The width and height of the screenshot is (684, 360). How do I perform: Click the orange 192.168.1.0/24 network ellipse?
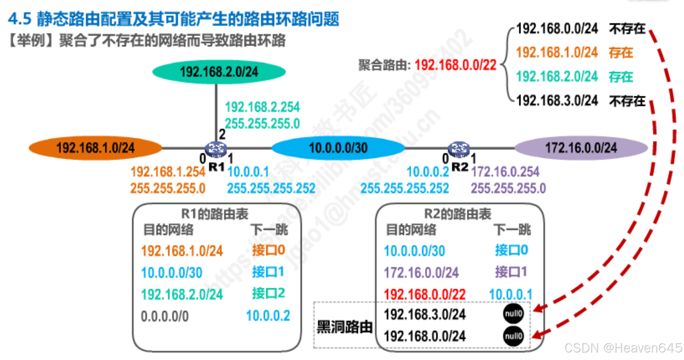[96, 148]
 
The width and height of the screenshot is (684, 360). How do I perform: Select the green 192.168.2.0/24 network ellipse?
[219, 71]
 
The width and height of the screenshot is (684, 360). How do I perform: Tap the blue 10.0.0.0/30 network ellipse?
[338, 148]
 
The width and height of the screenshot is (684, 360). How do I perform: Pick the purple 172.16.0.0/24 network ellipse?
[581, 148]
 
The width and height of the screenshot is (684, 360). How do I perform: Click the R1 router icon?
[216, 149]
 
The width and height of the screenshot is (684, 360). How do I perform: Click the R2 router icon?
[459, 149]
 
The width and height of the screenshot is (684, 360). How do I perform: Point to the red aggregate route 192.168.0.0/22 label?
[455, 65]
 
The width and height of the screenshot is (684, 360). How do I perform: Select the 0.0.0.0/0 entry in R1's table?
[165, 316]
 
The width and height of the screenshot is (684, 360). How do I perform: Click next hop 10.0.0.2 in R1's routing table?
[268, 316]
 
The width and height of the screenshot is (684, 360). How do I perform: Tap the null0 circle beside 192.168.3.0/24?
[513, 314]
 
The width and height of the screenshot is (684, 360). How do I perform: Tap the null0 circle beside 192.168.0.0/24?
[513, 336]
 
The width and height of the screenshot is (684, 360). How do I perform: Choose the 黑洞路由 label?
[344, 327]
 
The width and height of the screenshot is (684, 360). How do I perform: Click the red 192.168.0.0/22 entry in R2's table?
[425, 294]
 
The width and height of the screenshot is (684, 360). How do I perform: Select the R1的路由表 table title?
[215, 214]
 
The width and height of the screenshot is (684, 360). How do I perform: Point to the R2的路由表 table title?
[458, 214]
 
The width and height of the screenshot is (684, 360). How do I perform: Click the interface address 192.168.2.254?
[262, 107]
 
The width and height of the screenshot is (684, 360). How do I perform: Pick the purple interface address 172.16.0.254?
[505, 172]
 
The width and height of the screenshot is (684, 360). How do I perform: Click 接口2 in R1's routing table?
[268, 293]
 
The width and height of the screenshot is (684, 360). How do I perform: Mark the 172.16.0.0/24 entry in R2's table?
[421, 272]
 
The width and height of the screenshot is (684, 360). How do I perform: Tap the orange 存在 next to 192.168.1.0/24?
[621, 53]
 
